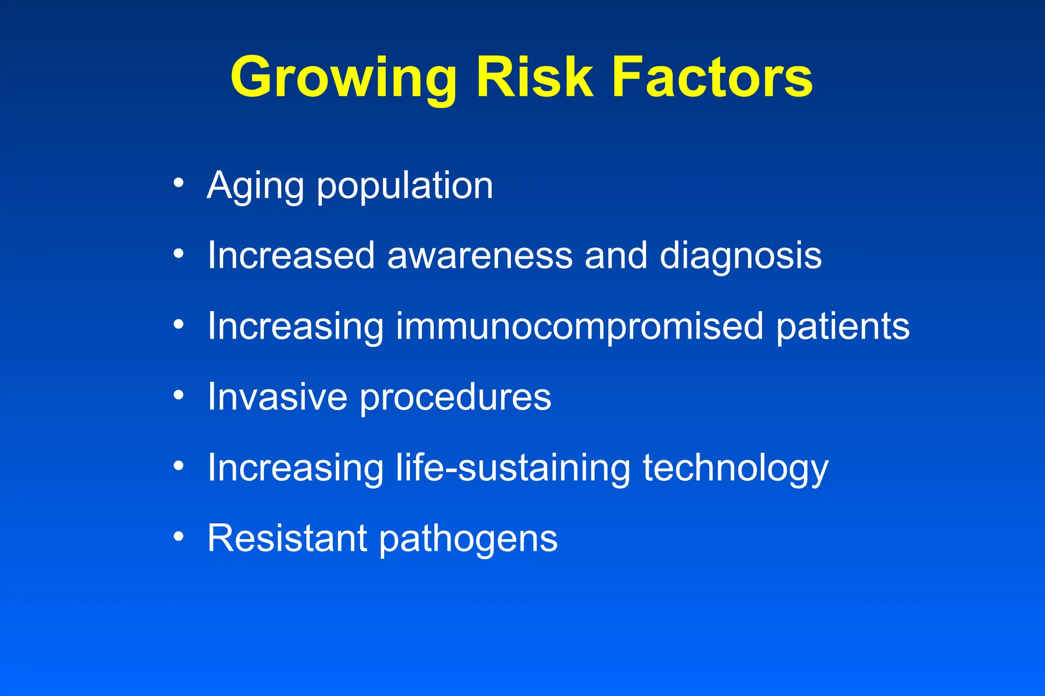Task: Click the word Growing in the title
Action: coord(343,78)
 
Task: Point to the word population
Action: coord(405,187)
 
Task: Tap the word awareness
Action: coord(480,256)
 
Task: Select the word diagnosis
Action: coord(740,256)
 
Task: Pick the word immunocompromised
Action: coord(579,327)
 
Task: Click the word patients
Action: coord(843,326)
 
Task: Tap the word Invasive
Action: coord(277,397)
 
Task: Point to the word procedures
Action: coord(456,398)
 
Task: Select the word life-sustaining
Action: coord(513,468)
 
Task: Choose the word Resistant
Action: coord(287,538)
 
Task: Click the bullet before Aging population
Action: coord(178,183)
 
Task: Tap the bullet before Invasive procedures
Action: coord(178,395)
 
